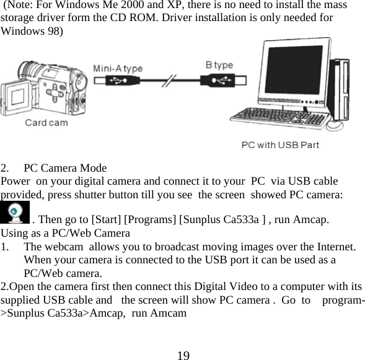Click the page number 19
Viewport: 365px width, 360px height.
(182, 355)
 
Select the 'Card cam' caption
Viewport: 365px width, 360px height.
(46, 122)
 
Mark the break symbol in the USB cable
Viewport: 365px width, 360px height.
(168, 81)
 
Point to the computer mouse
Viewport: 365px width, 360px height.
(334, 125)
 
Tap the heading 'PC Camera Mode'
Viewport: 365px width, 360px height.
(65, 168)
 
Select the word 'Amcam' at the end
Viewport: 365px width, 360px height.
(170, 313)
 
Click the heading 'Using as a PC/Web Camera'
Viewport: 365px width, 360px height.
(65, 233)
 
